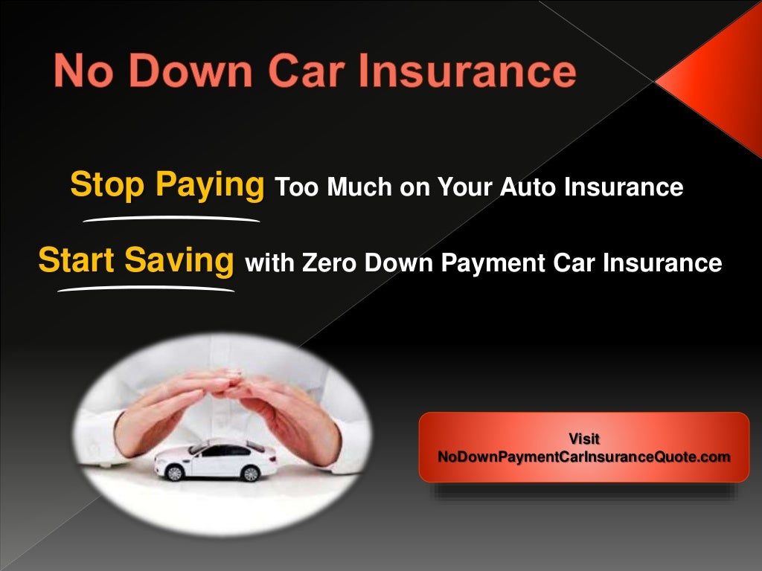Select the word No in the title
pyautogui.click(x=81, y=72)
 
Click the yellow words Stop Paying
pyautogui.click(x=167, y=185)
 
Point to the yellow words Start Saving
pyautogui.click(x=136, y=261)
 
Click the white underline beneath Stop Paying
pyautogui.click(x=170, y=219)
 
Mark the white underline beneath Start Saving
pyautogui.click(x=146, y=288)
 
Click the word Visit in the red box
pyautogui.click(x=584, y=439)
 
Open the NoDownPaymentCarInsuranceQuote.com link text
pyautogui.click(x=584, y=457)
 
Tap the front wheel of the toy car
pyautogui.click(x=175, y=472)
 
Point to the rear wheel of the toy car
pyautogui.click(x=250, y=473)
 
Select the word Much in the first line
pyautogui.click(x=361, y=187)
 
